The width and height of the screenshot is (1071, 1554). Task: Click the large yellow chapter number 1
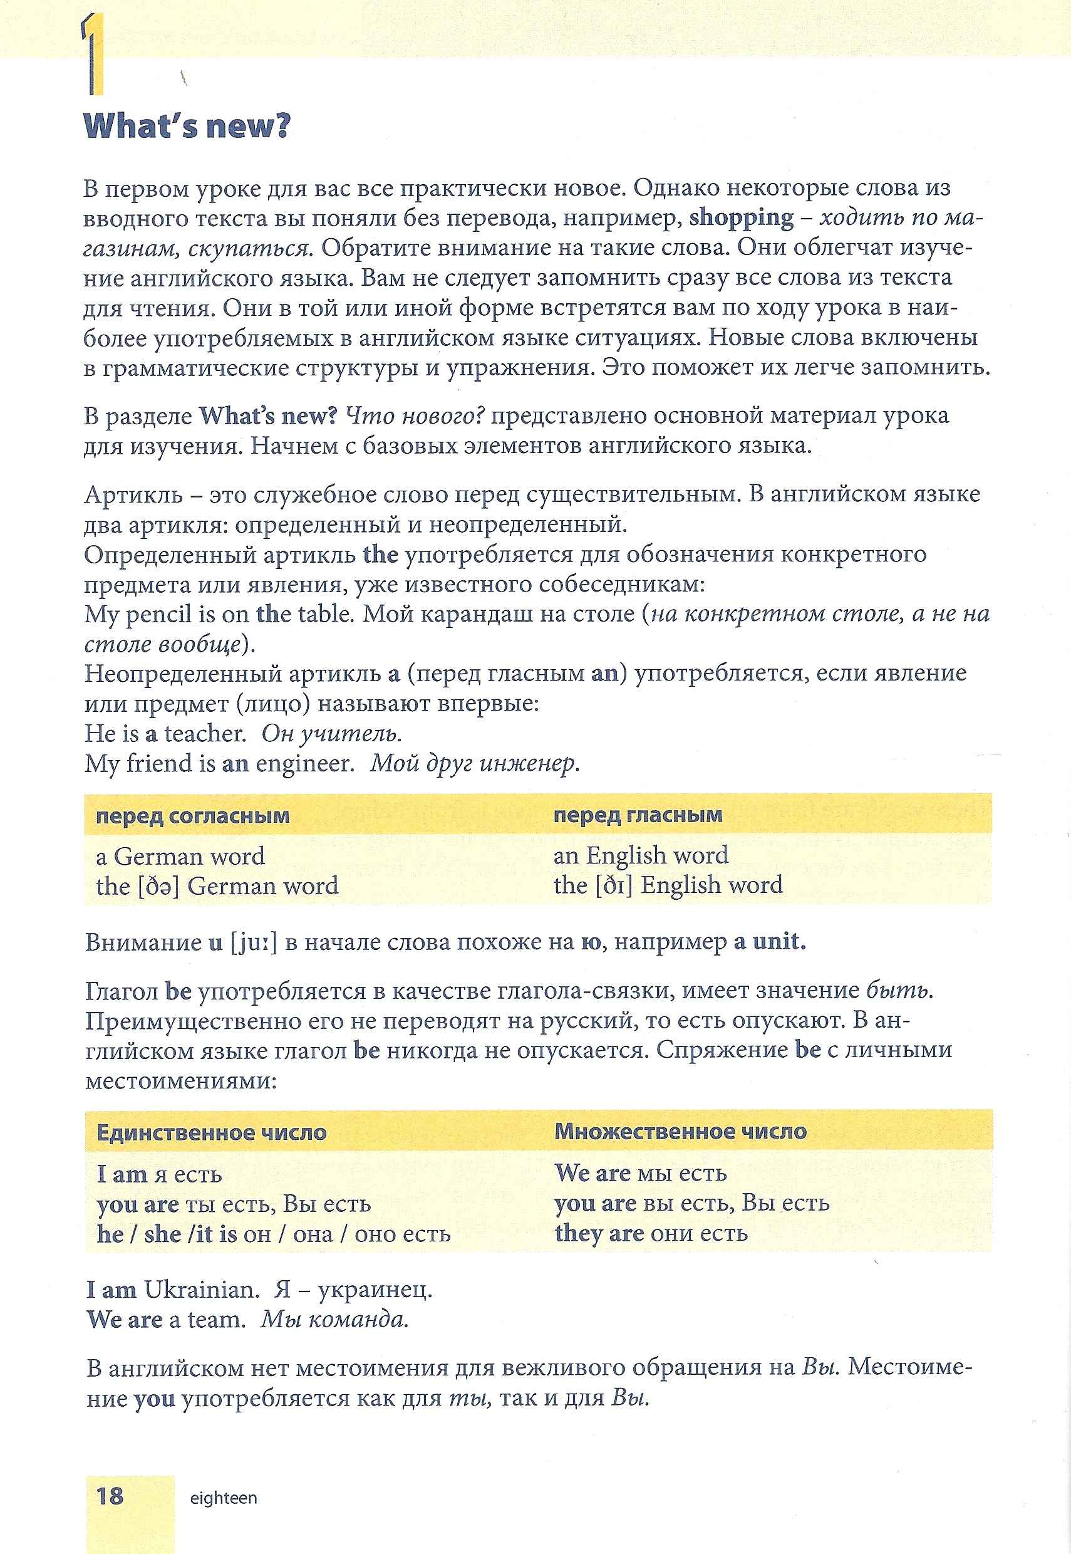[93, 57]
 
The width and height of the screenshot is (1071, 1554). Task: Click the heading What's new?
[186, 125]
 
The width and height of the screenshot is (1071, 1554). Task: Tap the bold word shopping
[741, 218]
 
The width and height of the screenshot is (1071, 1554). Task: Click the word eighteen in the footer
[224, 1498]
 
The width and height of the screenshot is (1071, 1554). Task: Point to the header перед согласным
[193, 816]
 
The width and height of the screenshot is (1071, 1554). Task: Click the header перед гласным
[638, 815]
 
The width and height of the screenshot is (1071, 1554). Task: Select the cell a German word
[180, 856]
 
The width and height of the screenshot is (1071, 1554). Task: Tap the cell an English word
[640, 855]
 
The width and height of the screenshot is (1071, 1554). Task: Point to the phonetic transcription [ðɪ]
[614, 885]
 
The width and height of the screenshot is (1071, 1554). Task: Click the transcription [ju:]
[253, 942]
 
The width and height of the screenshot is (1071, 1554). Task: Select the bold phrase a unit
[769, 941]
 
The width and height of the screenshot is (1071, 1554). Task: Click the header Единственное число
[212, 1133]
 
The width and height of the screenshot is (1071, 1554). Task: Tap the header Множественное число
[680, 1132]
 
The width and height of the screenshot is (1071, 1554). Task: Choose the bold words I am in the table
[122, 1174]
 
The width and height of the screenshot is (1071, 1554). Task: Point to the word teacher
[205, 734]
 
